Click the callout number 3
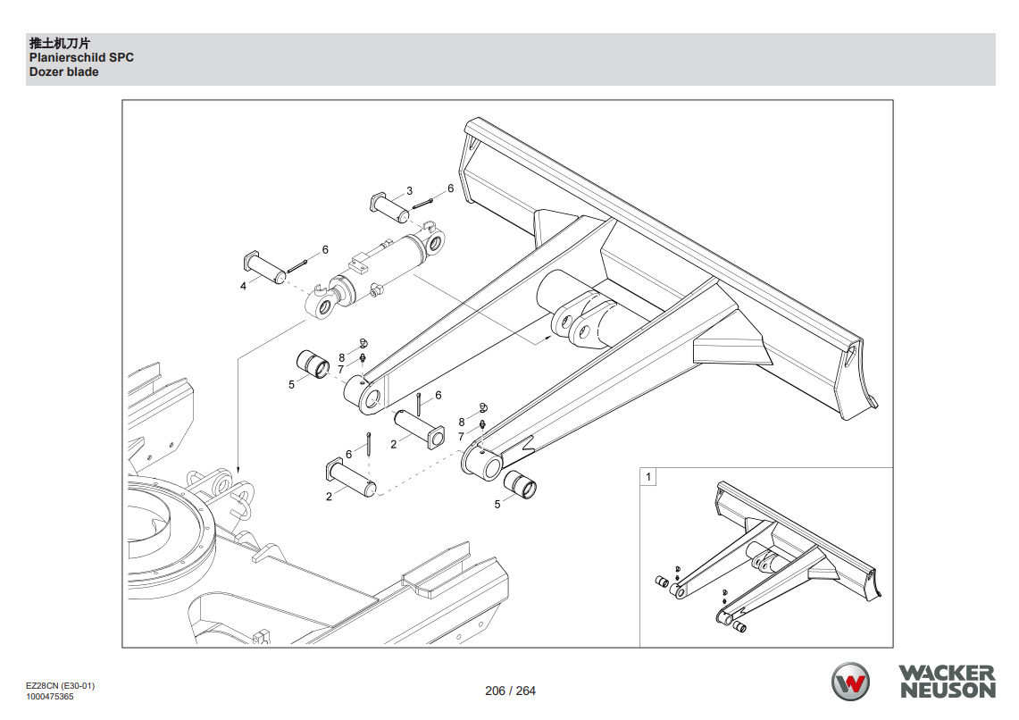(409, 191)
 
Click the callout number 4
(243, 286)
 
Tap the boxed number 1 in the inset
(647, 477)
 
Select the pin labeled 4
(263, 267)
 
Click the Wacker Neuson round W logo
(850, 682)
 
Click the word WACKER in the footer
(947, 673)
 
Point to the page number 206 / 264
(510, 691)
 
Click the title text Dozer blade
(63, 72)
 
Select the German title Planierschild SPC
(81, 57)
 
